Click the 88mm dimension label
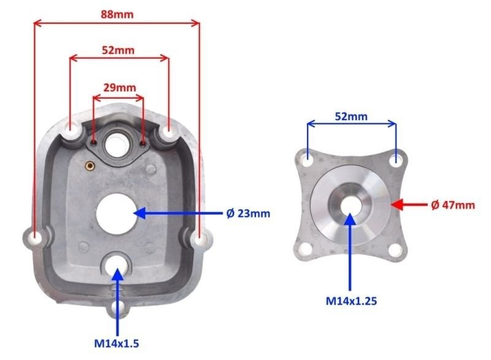117,13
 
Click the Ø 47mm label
453,205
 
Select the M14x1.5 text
116,343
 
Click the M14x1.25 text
351,301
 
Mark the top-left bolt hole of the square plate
307,159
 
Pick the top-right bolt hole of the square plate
396,159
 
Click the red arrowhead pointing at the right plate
397,205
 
